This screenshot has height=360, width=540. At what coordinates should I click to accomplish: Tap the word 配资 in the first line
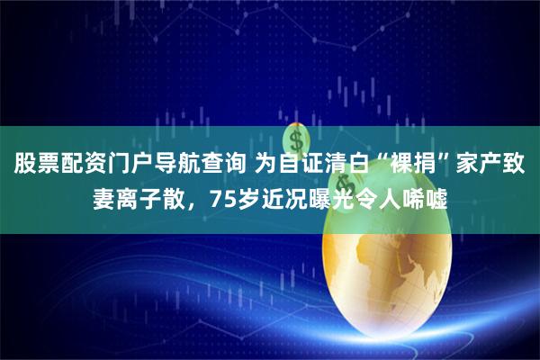tap(83, 164)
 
